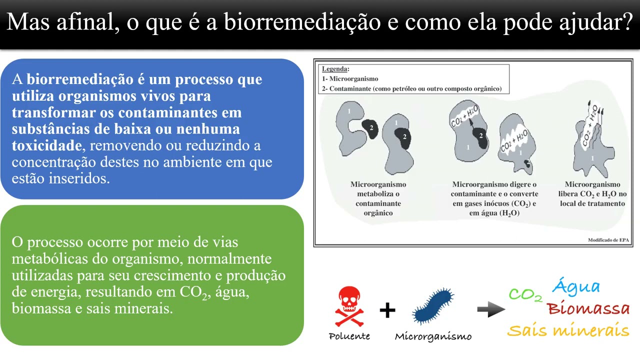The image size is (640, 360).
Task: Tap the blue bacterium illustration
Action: (433, 306)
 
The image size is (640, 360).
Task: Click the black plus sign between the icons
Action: (387, 310)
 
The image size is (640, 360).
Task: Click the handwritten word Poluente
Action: (349, 336)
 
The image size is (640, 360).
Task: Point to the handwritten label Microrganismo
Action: (433, 336)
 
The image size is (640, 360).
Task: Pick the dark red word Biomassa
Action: (588, 308)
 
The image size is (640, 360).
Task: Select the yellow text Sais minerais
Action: (568, 330)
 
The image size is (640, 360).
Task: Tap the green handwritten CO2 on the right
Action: (525, 295)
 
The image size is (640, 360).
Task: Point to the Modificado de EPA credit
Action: (608, 240)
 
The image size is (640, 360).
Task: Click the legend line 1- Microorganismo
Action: (350, 79)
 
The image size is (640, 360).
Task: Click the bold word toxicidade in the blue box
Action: (46, 145)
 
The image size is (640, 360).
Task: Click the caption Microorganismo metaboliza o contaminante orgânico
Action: (378, 198)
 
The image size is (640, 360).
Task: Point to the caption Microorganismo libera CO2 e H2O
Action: (592, 194)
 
